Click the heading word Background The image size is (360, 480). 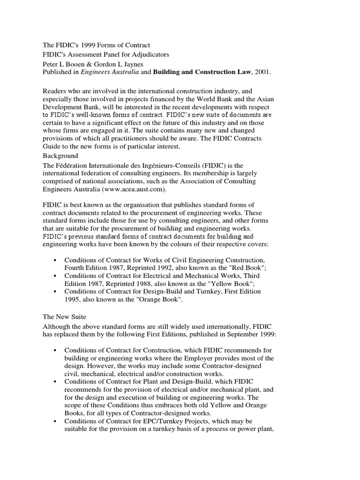pyautogui.click(x=60, y=156)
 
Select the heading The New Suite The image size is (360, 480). pyautogui.click(x=64, y=317)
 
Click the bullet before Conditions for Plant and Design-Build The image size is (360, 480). pyautogui.click(x=55, y=382)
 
